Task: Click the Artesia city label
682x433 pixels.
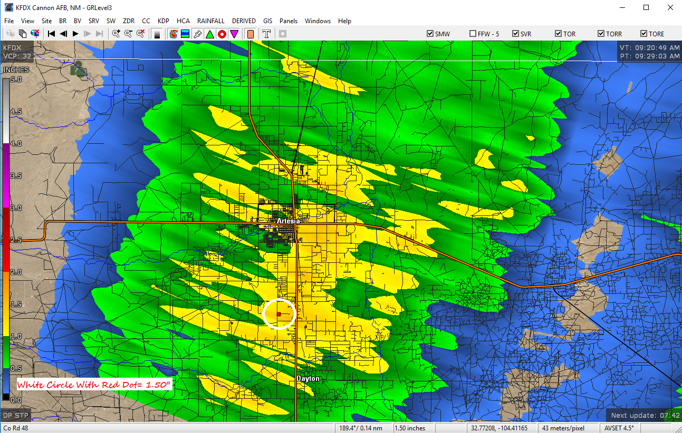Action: click(288, 221)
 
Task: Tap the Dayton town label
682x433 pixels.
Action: click(308, 379)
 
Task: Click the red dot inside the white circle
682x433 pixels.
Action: click(278, 314)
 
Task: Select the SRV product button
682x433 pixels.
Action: click(93, 21)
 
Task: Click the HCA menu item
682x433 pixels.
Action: click(183, 21)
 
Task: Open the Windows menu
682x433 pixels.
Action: click(318, 21)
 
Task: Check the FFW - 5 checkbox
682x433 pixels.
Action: click(473, 34)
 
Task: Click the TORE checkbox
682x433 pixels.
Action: click(643, 34)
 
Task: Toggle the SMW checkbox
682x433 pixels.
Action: click(430, 34)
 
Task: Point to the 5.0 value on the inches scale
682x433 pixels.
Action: click(16, 80)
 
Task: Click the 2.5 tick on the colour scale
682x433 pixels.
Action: click(16, 240)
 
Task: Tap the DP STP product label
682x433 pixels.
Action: click(15, 415)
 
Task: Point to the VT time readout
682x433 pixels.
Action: click(649, 47)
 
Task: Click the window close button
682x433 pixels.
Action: click(670, 7)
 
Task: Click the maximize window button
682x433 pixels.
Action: click(646, 7)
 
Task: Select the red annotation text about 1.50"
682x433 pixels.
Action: click(94, 385)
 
